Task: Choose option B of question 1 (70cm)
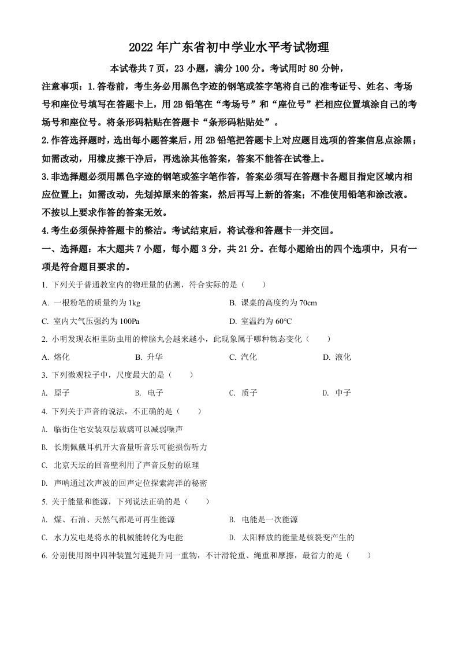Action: tap(273, 303)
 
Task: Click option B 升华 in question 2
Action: tap(149, 357)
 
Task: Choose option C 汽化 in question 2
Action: tap(243, 357)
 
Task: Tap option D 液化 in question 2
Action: tap(337, 357)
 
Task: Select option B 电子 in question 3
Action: tap(149, 393)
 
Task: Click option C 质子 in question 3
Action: tap(243, 393)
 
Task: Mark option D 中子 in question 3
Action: tap(337, 393)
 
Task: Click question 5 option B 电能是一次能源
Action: tap(263, 519)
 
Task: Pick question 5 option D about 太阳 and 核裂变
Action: tap(291, 537)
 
